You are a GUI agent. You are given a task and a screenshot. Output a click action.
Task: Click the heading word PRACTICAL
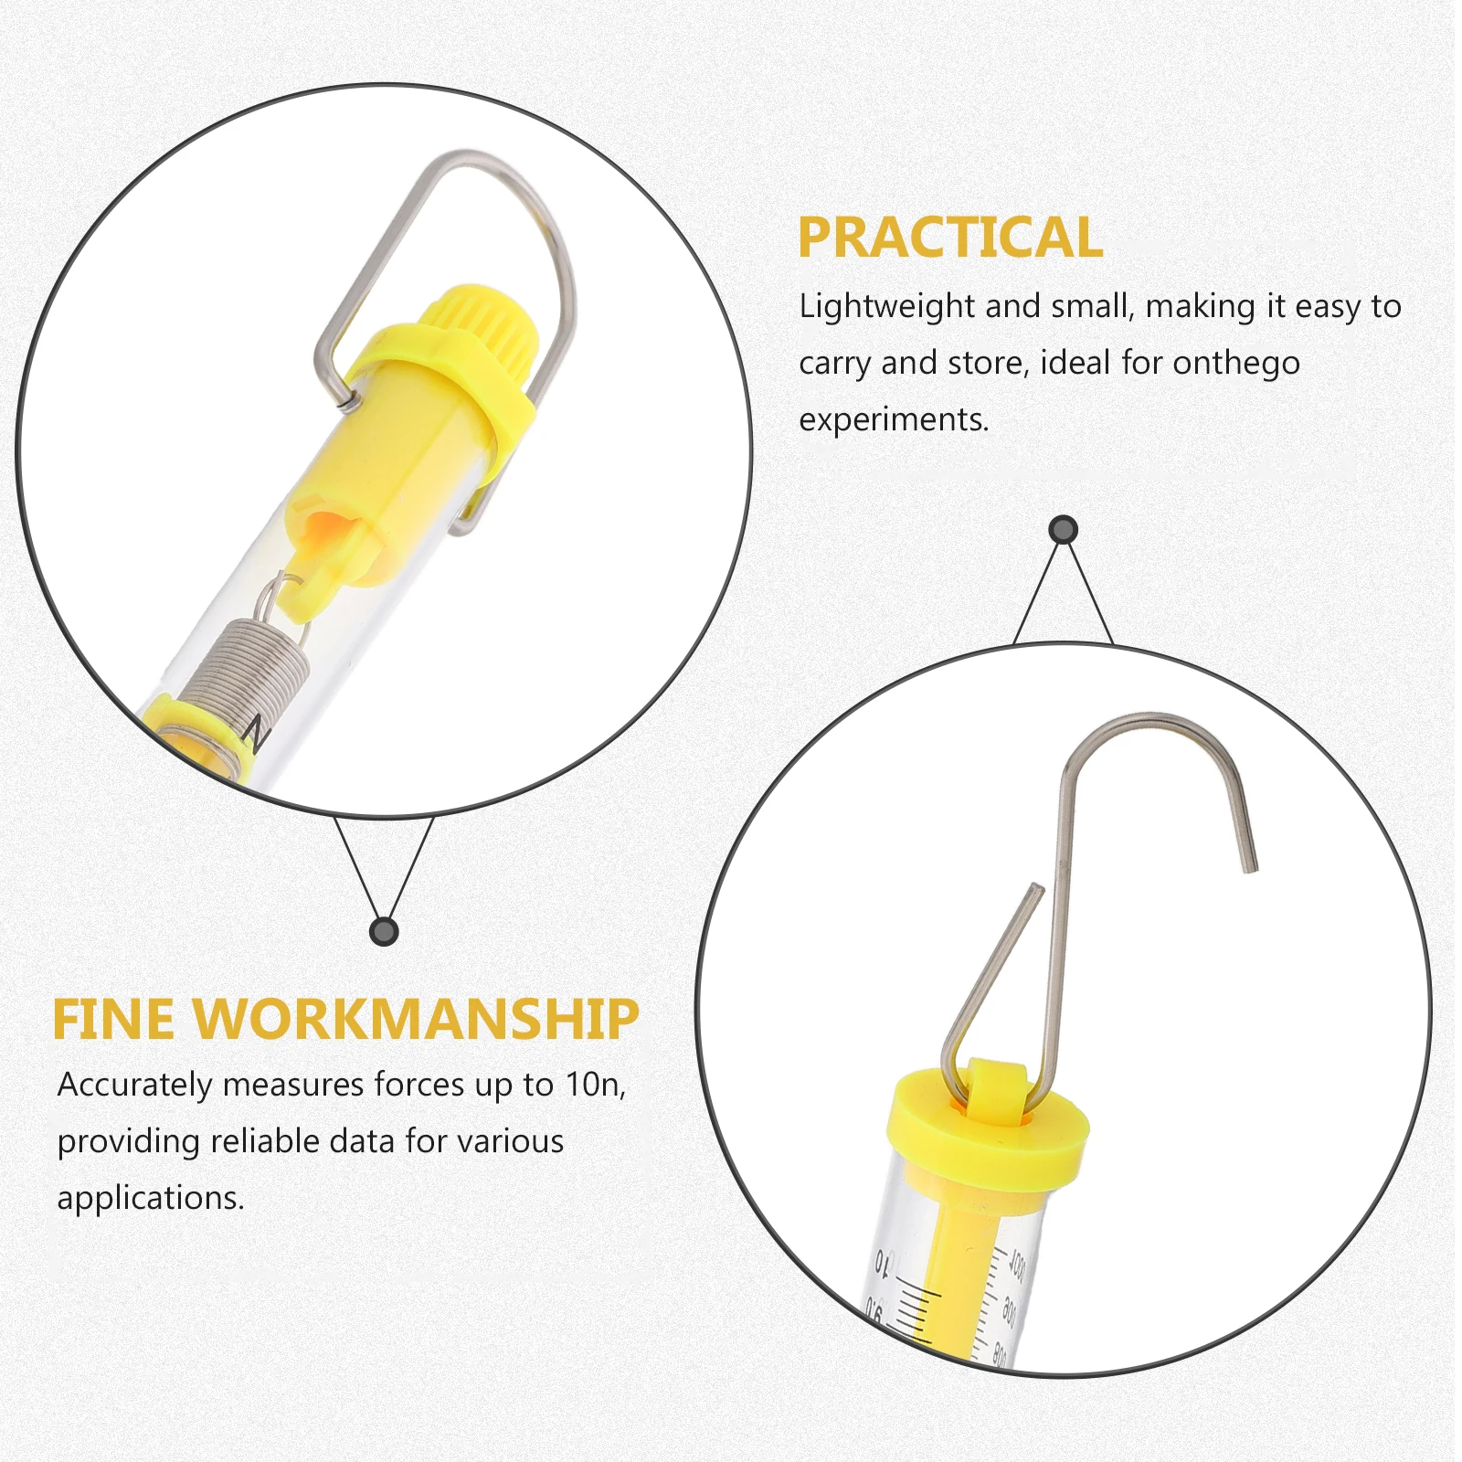[950, 238]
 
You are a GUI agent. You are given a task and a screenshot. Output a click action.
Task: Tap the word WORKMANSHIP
[416, 1019]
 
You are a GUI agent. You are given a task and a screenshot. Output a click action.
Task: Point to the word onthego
[1235, 364]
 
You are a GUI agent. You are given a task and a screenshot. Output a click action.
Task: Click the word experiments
[894, 420]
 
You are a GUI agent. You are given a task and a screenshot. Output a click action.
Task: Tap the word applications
[151, 1199]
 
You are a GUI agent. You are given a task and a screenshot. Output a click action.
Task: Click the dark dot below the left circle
[384, 931]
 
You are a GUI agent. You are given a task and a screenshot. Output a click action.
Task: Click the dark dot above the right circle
[1063, 529]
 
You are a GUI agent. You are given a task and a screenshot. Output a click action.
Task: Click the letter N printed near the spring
[255, 732]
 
